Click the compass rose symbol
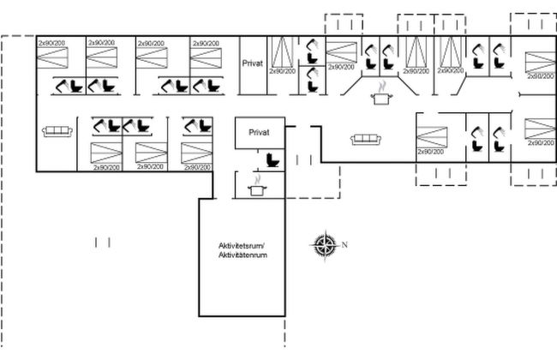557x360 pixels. (325, 244)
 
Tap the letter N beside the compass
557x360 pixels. (344, 245)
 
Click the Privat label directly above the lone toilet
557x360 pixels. (259, 133)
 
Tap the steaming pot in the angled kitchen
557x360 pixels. (378, 98)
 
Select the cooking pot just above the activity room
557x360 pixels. (254, 189)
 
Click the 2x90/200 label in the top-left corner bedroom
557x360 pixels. (54, 42)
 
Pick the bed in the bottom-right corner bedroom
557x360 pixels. (537, 129)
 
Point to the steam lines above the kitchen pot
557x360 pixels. (379, 86)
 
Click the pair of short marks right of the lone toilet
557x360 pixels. (302, 160)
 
